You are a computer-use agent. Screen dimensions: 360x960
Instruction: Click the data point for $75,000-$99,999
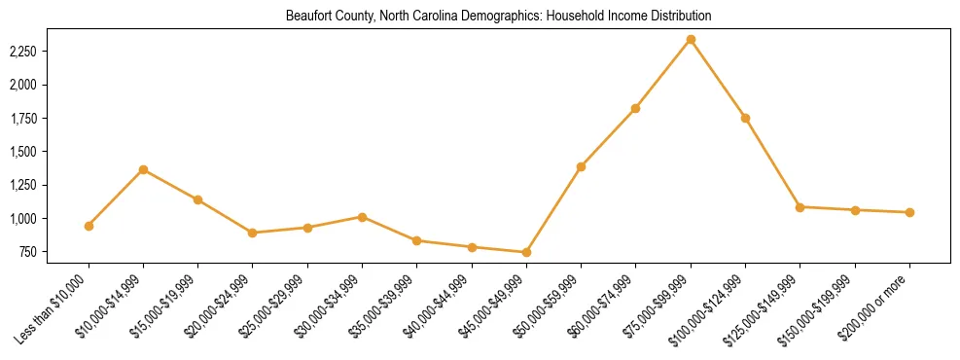(691, 40)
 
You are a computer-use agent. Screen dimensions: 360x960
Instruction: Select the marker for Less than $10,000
(89, 226)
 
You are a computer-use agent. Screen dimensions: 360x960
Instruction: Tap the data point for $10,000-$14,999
(144, 170)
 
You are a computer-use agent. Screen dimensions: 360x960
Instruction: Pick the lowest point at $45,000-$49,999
(526, 253)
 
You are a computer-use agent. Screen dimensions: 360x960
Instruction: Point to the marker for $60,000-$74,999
(636, 108)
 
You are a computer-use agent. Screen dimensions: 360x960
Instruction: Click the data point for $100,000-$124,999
(745, 118)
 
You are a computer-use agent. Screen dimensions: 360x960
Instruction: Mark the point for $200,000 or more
(909, 212)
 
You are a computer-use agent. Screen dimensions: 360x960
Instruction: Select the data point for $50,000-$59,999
(581, 166)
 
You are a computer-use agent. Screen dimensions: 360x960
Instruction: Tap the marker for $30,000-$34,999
(362, 217)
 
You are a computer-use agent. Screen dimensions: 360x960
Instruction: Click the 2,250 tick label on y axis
(22, 51)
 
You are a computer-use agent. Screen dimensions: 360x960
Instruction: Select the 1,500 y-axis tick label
(22, 152)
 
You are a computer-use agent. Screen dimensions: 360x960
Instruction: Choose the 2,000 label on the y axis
(22, 85)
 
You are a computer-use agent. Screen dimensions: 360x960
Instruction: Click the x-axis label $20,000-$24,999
(220, 306)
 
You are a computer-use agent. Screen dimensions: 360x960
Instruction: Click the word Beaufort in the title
(307, 17)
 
